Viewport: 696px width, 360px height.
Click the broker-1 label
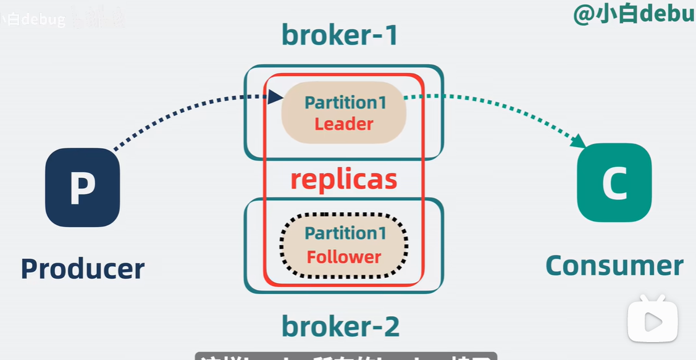coord(340,35)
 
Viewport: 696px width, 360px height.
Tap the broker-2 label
coord(340,325)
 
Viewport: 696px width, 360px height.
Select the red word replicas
coord(343,179)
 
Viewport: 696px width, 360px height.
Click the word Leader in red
coord(344,124)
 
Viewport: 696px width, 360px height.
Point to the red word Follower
coord(344,256)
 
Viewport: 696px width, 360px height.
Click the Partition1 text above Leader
coord(345,102)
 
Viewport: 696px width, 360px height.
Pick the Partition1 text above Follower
coord(345,233)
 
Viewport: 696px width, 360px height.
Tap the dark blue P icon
coord(82,187)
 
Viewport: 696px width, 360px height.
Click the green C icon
coord(614,183)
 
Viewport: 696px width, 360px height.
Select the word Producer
coord(83,269)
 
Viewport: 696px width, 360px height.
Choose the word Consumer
coord(614,266)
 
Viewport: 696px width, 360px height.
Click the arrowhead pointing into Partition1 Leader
coord(276,96)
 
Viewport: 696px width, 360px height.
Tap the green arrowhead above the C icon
coord(579,141)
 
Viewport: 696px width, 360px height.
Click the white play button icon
coord(653,320)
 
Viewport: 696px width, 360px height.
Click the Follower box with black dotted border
coord(344,245)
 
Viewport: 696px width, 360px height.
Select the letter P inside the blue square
coord(82,187)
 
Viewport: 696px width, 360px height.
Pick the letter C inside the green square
coord(614,183)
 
